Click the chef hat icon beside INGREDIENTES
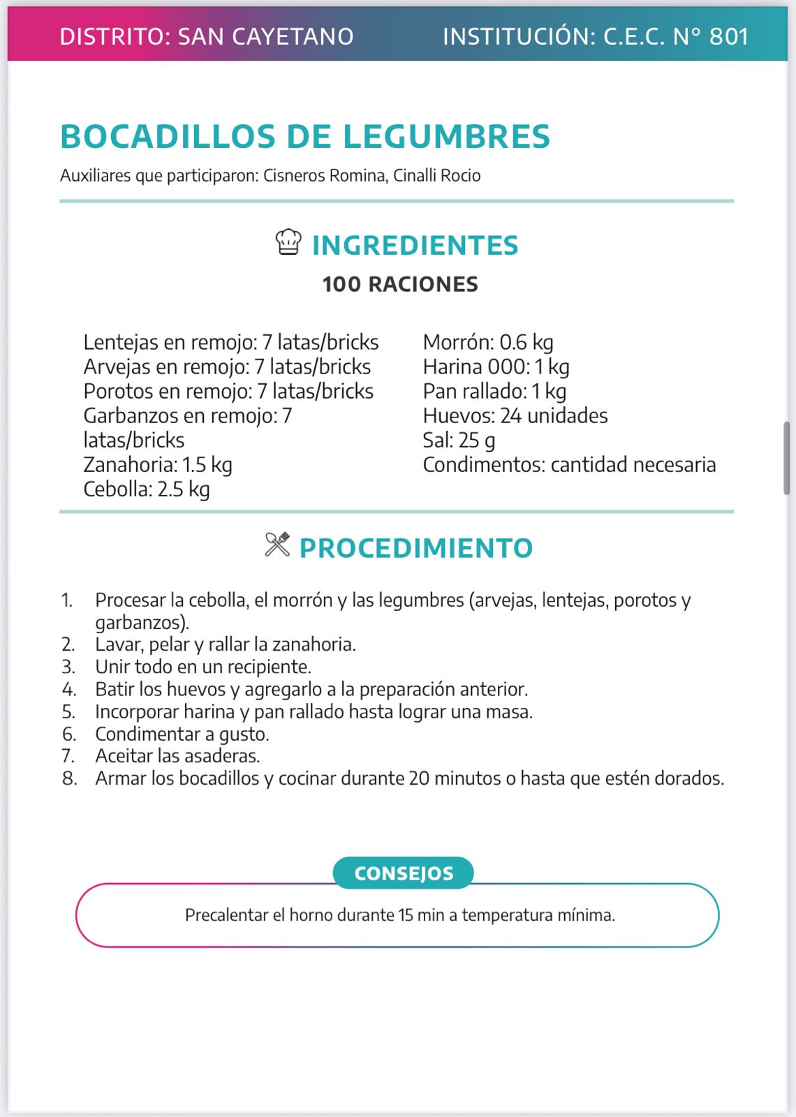[288, 242]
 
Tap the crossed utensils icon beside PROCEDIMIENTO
[277, 545]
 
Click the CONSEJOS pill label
[404, 873]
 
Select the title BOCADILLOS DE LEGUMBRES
[305, 136]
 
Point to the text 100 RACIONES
[400, 284]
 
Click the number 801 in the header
[729, 36]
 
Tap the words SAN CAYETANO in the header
[266, 36]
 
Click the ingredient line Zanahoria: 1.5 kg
[158, 465]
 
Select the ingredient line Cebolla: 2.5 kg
[147, 489]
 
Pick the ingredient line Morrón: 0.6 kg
[488, 343]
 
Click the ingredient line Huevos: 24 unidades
[515, 416]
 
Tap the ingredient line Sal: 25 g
[459, 441]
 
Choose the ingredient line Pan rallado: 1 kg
[494, 392]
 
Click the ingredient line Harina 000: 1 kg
[496, 367]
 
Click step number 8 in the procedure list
[69, 778]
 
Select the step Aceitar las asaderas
[177, 756]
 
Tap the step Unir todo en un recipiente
[203, 667]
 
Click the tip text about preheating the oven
[400, 915]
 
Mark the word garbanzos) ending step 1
[142, 622]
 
